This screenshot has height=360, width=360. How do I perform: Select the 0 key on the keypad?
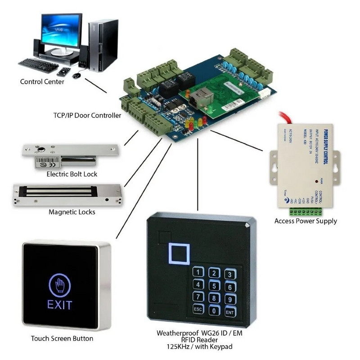click(x=215, y=310)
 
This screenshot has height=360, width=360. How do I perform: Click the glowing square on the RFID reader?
click(x=179, y=253)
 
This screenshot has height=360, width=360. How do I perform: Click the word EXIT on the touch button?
click(x=59, y=305)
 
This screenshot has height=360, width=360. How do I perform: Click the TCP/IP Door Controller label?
click(x=87, y=115)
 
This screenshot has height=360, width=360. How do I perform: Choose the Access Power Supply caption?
click(x=306, y=221)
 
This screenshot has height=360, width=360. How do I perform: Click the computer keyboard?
click(x=38, y=65)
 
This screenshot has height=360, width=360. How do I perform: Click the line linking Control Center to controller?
click(x=96, y=85)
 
